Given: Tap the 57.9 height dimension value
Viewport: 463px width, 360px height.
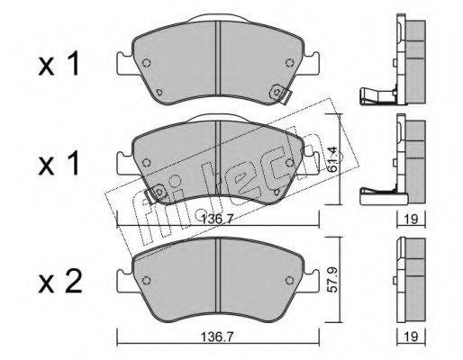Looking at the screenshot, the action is (333, 280).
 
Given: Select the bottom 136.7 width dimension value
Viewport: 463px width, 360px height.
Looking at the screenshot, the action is (217, 337).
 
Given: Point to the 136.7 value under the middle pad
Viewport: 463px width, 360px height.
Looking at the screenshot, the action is (217, 220).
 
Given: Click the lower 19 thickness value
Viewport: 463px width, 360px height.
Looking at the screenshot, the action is (411, 337).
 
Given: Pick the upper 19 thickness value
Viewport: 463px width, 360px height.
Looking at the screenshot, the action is (411, 220).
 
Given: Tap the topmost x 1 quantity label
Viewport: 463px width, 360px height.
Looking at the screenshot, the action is (59, 64).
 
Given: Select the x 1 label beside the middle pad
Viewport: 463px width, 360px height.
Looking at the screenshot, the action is (59, 163).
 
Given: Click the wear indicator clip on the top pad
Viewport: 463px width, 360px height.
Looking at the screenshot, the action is (281, 94).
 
